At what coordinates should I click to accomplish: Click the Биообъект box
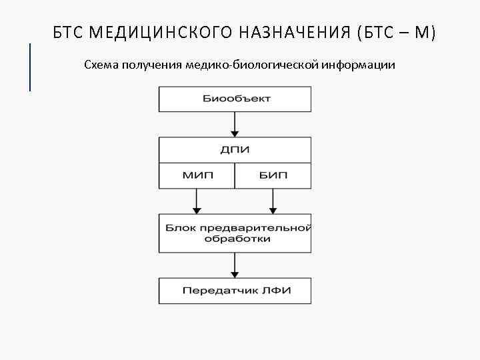click(x=235, y=99)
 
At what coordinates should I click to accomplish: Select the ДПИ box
click(x=235, y=150)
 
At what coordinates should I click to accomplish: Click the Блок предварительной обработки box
click(x=235, y=233)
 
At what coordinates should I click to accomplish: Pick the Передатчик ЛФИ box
click(x=235, y=291)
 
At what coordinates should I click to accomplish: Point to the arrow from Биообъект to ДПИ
click(x=235, y=124)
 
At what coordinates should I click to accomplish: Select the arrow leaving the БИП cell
click(x=273, y=201)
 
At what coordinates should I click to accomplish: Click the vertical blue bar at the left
click(x=30, y=67)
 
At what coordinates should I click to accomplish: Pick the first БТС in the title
click(x=69, y=32)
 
